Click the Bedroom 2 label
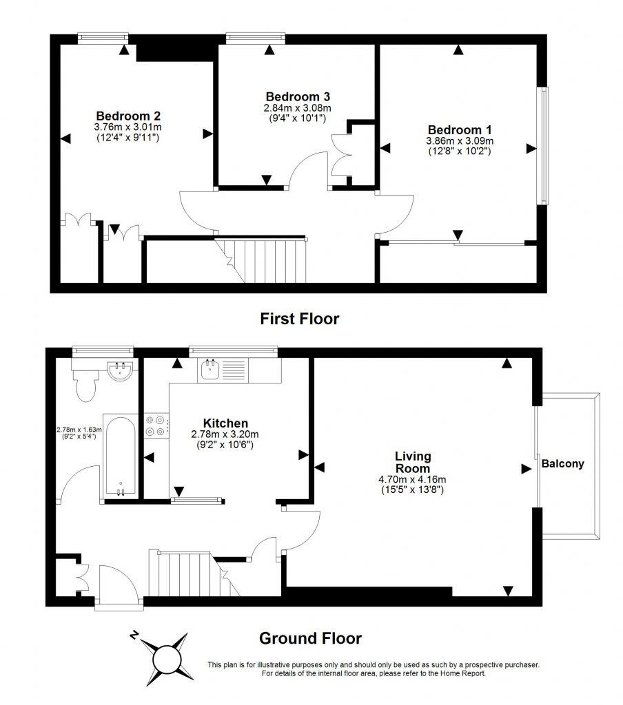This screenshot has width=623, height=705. point(128,116)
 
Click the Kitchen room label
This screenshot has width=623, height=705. point(225,423)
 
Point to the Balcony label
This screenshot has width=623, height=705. point(562,463)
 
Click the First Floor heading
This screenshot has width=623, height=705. point(299,319)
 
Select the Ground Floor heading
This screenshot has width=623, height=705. point(310,638)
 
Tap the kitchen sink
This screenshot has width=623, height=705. point(210,370)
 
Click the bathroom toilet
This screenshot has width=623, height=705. point(87,388)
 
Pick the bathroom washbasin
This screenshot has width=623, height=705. point(121,372)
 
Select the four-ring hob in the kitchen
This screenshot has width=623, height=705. point(155,425)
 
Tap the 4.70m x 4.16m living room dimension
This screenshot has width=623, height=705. point(413,480)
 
